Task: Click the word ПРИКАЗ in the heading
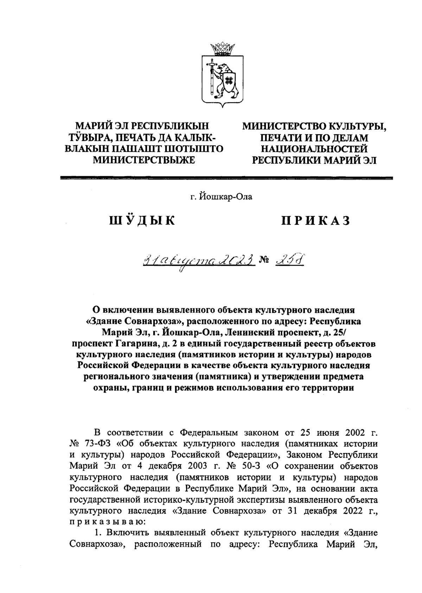point(315,221)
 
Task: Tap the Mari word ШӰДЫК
point(142,221)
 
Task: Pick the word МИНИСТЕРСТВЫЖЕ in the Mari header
point(143,160)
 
